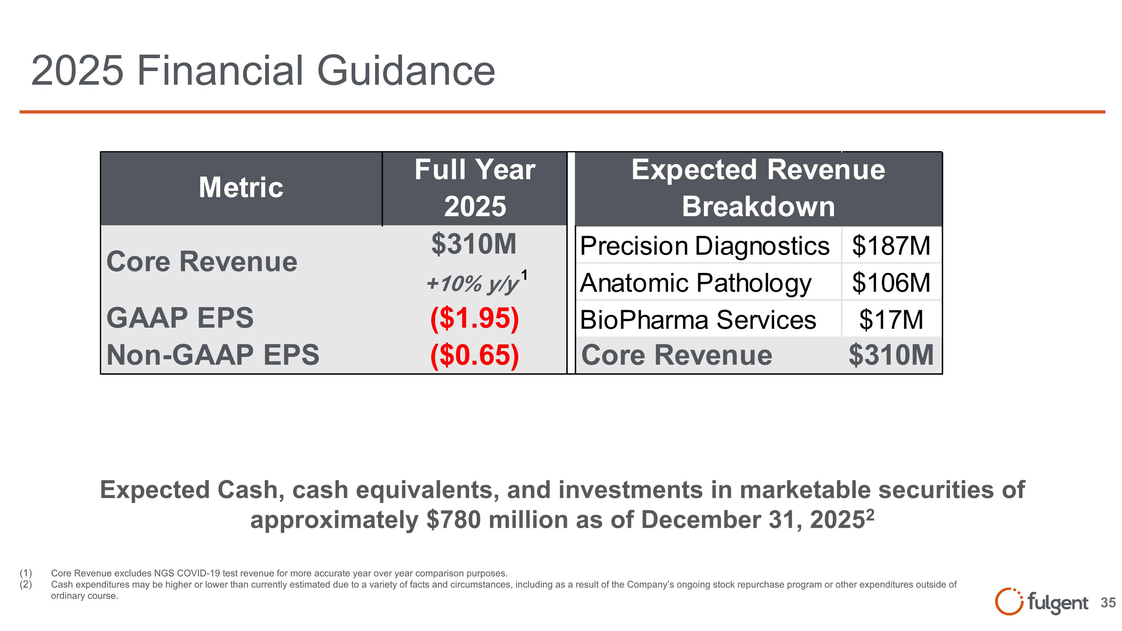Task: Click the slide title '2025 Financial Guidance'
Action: pyautogui.click(x=263, y=71)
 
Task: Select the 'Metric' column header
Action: pyautogui.click(x=241, y=188)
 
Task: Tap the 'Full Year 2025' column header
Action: pyautogui.click(x=475, y=188)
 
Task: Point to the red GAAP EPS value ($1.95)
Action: pyautogui.click(x=474, y=318)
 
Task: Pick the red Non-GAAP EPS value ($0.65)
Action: pyautogui.click(x=474, y=355)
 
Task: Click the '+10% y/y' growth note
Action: pyautogui.click(x=473, y=284)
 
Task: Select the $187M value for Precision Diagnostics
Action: pyautogui.click(x=891, y=246)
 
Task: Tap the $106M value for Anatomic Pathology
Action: pyautogui.click(x=891, y=283)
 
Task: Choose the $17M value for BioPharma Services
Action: pyautogui.click(x=891, y=320)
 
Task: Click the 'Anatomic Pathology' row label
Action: pyautogui.click(x=696, y=283)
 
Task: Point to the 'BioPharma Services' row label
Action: pyautogui.click(x=698, y=320)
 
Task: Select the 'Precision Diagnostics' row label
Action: pyautogui.click(x=704, y=246)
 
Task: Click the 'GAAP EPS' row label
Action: pyautogui.click(x=180, y=318)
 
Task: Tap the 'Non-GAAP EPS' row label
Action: pyautogui.click(x=212, y=355)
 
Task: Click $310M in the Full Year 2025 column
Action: pyautogui.click(x=473, y=244)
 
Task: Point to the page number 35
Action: pyautogui.click(x=1108, y=603)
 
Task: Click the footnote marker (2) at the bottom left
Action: pyautogui.click(x=26, y=584)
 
